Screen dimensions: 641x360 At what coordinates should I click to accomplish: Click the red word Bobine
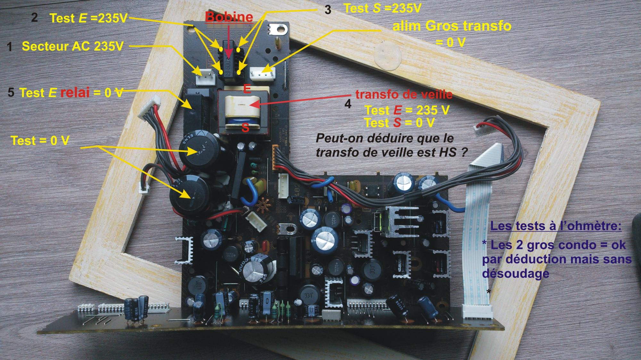point(229,17)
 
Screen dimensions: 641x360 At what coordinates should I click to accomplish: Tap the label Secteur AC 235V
point(72,46)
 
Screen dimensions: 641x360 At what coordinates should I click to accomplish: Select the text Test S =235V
point(382,8)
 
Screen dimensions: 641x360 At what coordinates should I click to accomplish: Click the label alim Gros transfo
point(452,26)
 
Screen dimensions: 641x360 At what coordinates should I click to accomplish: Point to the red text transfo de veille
point(404,94)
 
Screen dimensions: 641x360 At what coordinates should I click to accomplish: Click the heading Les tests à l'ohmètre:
point(556,226)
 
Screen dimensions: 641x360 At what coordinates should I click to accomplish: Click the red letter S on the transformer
point(245,128)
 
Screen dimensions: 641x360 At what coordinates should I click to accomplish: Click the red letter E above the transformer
point(247,89)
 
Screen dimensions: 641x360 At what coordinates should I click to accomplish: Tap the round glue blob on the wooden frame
point(387,57)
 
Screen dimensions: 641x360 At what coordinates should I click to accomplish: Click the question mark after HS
point(463,152)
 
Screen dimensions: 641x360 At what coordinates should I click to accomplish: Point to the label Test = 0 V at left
point(40,141)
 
